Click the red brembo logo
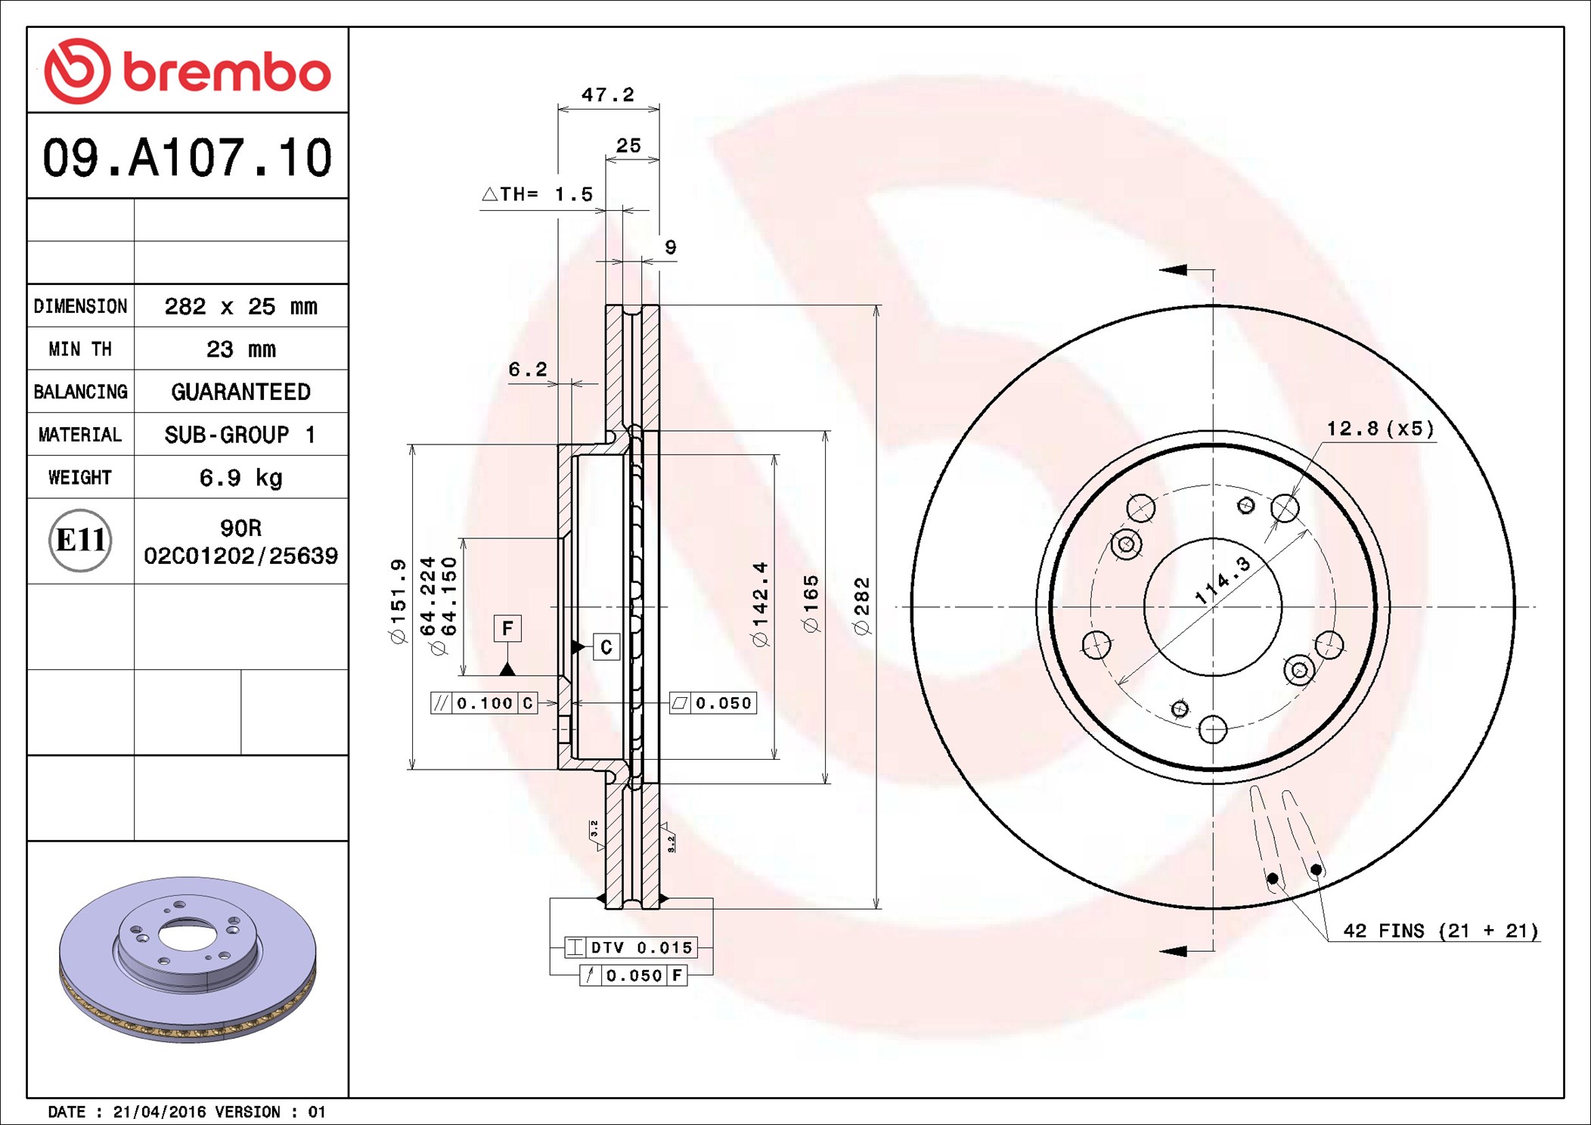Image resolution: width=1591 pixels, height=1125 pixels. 188,71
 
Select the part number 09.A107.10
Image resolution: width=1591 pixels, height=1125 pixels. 187,158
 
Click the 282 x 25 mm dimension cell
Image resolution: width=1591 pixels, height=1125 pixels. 240,306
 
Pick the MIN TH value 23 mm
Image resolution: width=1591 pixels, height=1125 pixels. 240,349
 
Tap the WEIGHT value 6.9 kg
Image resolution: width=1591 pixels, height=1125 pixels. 240,478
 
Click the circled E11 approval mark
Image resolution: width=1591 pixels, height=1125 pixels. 80,541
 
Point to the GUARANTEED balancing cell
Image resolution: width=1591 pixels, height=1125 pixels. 240,392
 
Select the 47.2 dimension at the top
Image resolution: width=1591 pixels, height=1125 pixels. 607,95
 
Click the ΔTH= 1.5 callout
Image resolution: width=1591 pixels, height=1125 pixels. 537,194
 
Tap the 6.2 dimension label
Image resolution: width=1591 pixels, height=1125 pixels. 527,369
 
